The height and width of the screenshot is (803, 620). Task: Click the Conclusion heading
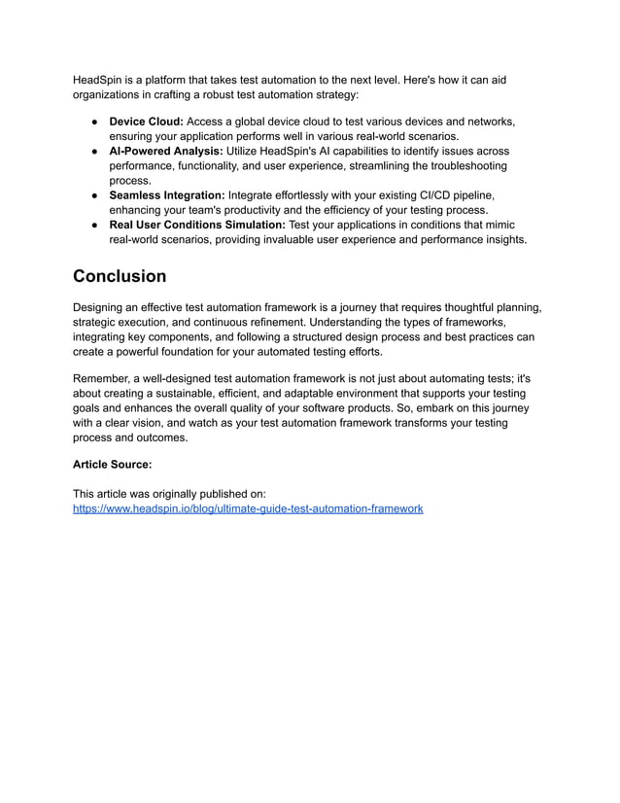120,276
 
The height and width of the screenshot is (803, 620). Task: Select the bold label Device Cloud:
146,122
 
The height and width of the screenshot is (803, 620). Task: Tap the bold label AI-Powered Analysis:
165,152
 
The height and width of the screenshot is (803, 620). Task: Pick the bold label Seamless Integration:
166,195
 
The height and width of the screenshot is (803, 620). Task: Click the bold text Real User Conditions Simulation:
197,226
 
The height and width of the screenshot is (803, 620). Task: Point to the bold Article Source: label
112,465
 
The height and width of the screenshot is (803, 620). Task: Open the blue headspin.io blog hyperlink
248,508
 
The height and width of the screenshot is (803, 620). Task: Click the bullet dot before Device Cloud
96,122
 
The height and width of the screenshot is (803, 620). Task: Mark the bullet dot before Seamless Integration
96,196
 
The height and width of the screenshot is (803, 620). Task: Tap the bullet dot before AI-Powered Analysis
96,153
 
